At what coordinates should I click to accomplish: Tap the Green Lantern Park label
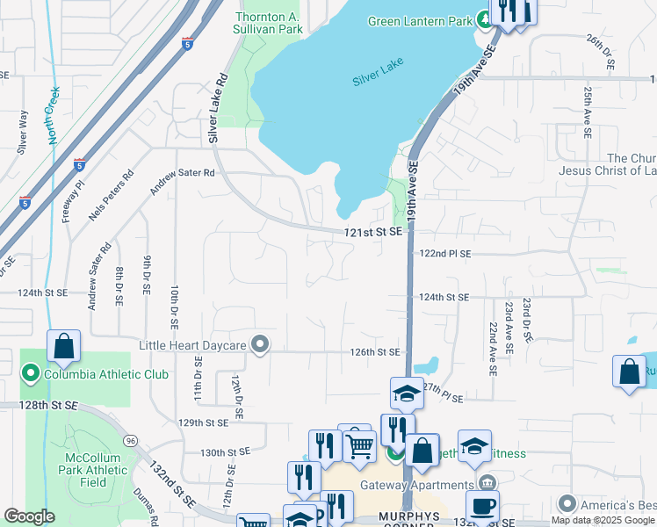tap(420, 21)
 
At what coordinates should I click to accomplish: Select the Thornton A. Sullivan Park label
tap(270, 23)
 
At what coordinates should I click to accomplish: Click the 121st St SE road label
tap(372, 232)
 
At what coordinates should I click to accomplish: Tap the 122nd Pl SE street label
tap(445, 253)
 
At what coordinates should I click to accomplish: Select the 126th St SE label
tap(375, 352)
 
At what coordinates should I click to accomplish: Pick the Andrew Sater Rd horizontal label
tap(182, 173)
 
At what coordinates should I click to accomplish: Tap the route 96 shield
tap(131, 439)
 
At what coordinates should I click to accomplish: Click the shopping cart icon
tap(360, 447)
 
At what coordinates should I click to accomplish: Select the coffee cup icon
tap(483, 507)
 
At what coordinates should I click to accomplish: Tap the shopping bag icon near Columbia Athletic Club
tap(63, 347)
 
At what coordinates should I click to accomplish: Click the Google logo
tap(29, 516)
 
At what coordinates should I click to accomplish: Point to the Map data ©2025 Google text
tap(602, 520)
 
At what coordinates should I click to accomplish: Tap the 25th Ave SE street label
tap(586, 112)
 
